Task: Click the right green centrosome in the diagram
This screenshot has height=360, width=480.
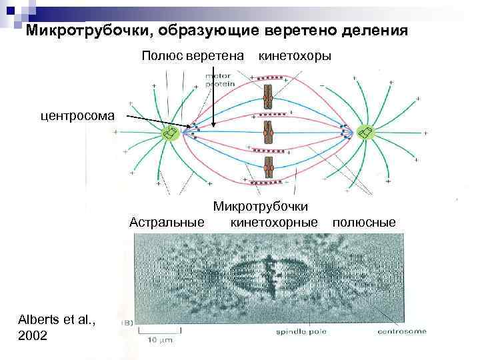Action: (x=365, y=133)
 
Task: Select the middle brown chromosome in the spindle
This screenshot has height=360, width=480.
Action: (x=267, y=133)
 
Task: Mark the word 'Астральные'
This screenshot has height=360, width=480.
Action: (x=167, y=221)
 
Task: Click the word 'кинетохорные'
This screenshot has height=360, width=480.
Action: (x=273, y=221)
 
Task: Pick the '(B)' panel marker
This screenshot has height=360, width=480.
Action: (x=125, y=323)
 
